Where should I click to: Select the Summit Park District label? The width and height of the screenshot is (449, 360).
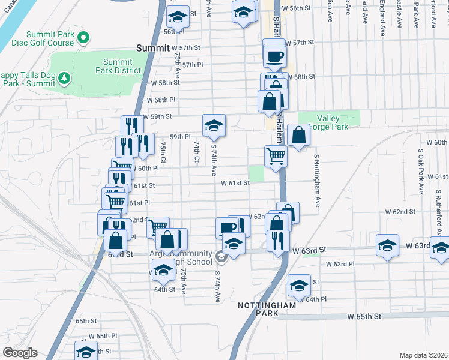[122, 66]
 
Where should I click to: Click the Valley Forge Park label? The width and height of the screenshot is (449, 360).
[331, 122]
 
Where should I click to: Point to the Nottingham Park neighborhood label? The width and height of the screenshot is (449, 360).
[267, 309]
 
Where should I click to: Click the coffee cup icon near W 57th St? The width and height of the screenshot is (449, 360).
[275, 56]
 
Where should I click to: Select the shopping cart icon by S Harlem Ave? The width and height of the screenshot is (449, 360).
[276, 156]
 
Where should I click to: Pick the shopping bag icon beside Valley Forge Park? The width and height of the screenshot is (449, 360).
[298, 135]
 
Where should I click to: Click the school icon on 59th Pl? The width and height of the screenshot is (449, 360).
[214, 125]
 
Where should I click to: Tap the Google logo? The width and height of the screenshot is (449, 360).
[20, 352]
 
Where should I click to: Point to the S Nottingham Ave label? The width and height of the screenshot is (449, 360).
[316, 175]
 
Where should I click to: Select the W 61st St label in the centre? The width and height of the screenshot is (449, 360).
[235, 183]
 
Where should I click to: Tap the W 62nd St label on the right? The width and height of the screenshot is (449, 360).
[400, 212]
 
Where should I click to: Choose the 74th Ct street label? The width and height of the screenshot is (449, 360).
[196, 152]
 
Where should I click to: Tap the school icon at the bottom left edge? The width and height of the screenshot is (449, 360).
[86, 351]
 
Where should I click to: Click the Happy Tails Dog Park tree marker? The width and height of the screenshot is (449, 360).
[65, 79]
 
